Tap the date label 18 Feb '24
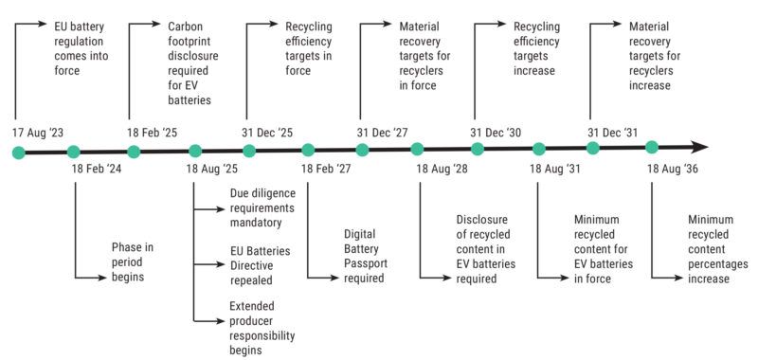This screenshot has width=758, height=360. click(98, 169)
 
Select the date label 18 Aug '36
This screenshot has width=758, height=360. click(673, 169)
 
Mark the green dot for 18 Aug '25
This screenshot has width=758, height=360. click(194, 150)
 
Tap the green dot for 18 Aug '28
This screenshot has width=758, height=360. click(418, 149)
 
